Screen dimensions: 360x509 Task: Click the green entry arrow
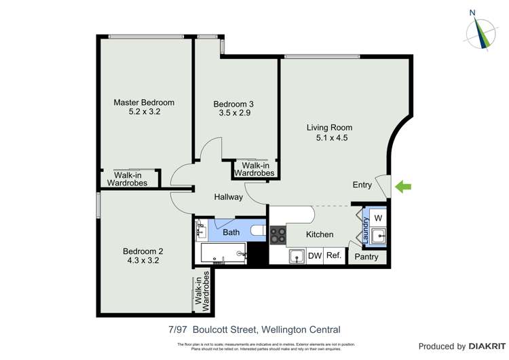[403, 186]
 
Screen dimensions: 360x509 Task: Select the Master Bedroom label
[144, 103]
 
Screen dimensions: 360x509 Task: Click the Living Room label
[329, 127]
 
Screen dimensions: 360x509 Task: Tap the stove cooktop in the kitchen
[278, 235]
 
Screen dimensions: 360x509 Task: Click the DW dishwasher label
[314, 256]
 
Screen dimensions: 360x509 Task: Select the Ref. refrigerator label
[333, 256]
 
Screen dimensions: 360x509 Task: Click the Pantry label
[366, 257]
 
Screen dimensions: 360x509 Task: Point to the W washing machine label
[378, 217]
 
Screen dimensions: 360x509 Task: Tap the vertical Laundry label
[365, 230]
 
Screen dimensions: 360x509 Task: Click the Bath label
[231, 232]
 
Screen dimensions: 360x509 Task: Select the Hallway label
[228, 197]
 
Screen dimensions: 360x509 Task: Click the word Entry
[362, 185]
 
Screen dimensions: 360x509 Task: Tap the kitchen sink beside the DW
[296, 256]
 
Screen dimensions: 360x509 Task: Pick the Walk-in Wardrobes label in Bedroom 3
[254, 169]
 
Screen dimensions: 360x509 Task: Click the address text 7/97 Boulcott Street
[212, 330]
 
